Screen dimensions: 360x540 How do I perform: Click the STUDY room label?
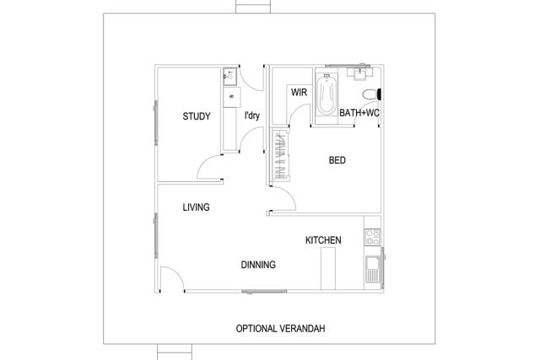click(x=197, y=117)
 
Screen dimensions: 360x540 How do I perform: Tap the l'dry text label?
click(x=251, y=116)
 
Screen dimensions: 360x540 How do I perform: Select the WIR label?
click(x=297, y=92)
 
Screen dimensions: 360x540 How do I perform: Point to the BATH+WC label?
click(x=359, y=112)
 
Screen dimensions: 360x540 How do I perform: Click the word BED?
click(x=337, y=160)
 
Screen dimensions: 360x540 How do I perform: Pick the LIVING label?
click(x=197, y=207)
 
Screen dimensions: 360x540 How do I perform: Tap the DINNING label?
click(x=258, y=265)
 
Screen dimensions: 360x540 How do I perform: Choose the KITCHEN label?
click(x=323, y=241)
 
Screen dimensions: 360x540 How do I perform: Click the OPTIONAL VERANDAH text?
click(x=280, y=329)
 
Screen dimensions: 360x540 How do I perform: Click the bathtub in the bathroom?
click(x=326, y=93)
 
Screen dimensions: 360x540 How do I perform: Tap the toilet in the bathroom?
click(x=370, y=93)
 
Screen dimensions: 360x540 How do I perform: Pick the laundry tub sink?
click(x=228, y=77)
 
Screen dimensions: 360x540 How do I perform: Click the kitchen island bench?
click(x=328, y=270)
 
